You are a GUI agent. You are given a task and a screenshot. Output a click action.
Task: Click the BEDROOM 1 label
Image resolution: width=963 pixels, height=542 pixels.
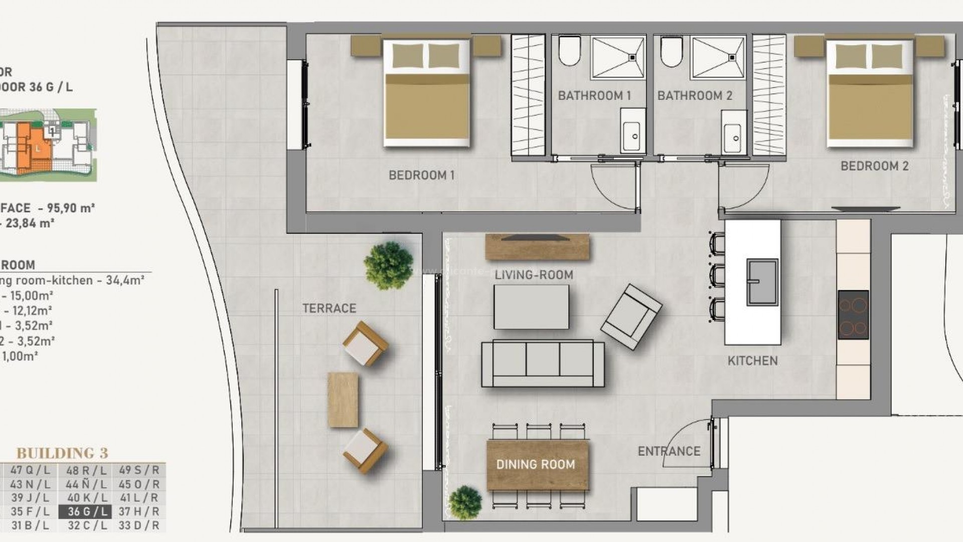click(421, 175)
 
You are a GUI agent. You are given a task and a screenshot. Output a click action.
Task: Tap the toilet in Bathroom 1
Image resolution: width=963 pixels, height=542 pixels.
click(569, 51)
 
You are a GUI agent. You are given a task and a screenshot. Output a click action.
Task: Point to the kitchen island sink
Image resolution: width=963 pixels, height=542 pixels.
click(762, 282)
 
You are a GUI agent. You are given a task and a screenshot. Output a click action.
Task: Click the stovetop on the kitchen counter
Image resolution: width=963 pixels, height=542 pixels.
click(853, 315)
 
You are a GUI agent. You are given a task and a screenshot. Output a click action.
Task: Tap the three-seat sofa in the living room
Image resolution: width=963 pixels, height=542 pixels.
click(543, 363)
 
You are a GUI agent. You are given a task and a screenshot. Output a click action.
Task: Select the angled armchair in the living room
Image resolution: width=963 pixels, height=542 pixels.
click(631, 317)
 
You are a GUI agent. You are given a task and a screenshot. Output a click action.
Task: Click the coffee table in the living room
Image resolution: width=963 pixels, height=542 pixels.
click(531, 307)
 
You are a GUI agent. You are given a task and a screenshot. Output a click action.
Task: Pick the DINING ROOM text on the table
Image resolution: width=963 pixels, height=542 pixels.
click(536, 465)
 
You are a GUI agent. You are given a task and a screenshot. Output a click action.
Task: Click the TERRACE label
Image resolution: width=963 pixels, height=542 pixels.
click(329, 308)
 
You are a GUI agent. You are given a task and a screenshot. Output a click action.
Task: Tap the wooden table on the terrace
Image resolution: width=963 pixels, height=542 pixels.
click(343, 399)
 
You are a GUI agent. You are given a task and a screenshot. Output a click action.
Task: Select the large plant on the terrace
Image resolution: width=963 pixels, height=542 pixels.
click(389, 266)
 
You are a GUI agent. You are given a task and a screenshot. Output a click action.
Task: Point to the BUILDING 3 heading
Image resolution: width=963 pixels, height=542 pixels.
click(62, 453)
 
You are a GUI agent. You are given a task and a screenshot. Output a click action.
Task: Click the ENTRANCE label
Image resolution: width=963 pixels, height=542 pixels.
click(669, 451)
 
